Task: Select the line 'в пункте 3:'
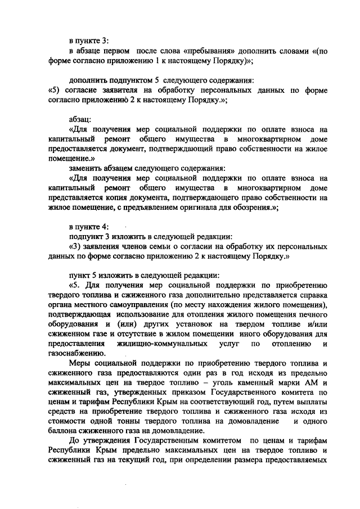pos(89,41)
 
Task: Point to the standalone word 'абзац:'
pos(82,120)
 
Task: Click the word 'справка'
pos(313,295)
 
